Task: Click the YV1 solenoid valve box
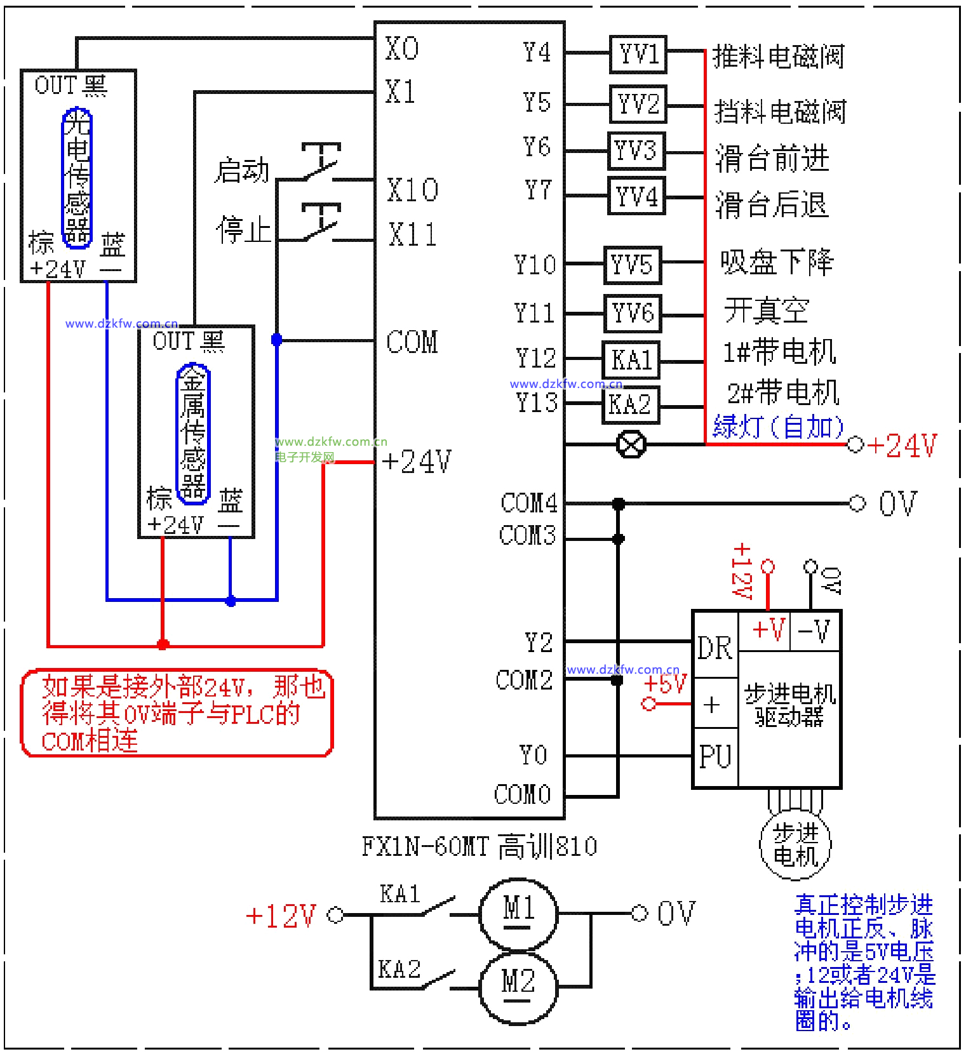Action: pyautogui.click(x=638, y=55)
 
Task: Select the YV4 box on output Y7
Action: pyautogui.click(x=636, y=196)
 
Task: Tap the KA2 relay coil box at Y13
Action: pyautogui.click(x=631, y=404)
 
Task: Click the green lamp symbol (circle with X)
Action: pyautogui.click(x=631, y=444)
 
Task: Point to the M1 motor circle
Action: pyautogui.click(x=518, y=913)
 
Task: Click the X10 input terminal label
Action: pyautogui.click(x=413, y=190)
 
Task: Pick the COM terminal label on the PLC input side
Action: pyautogui.click(x=412, y=342)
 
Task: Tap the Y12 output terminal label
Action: pyautogui.click(x=535, y=359)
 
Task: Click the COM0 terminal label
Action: pyautogui.click(x=523, y=794)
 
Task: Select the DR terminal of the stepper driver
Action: pyautogui.click(x=715, y=648)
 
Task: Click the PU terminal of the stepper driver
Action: pyautogui.click(x=715, y=757)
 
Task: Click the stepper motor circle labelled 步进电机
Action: pyautogui.click(x=795, y=845)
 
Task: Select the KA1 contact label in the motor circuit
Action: pyautogui.click(x=400, y=894)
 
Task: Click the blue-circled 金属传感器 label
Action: pyautogui.click(x=193, y=434)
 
